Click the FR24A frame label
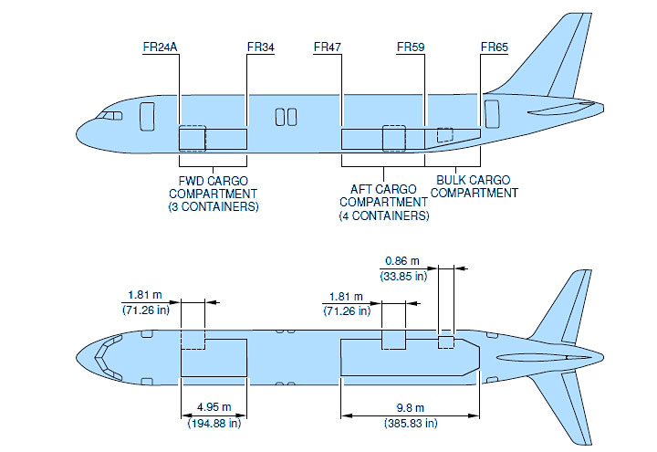(160, 47)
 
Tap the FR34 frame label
(261, 47)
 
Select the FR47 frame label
(328, 47)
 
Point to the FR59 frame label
(411, 47)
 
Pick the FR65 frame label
(495, 47)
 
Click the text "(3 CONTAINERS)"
(214, 206)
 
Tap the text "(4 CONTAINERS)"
(384, 215)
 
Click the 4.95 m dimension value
(214, 407)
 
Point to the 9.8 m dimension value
(411, 407)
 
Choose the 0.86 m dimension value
(402, 261)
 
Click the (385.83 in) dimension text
(411, 423)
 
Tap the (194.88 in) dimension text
(214, 423)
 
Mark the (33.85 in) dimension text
(403, 277)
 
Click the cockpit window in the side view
(109, 116)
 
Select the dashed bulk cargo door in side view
(445, 135)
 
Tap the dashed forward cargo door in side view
(193, 139)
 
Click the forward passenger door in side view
(147, 116)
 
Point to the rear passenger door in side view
(492, 113)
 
